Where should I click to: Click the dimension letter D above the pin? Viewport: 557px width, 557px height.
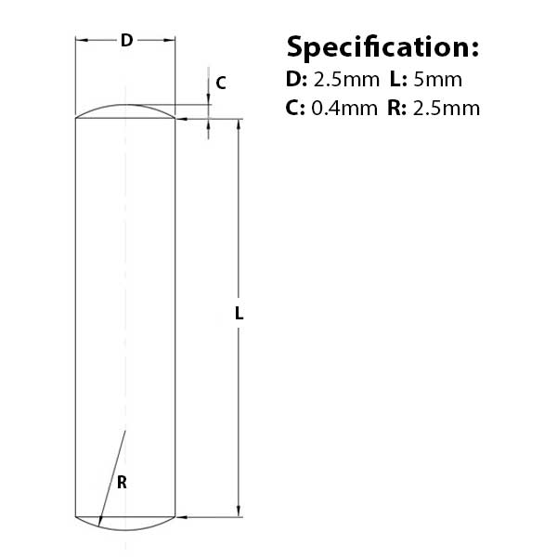pyautogui.click(x=127, y=41)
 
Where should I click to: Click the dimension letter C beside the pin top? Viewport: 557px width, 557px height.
pyautogui.click(x=221, y=84)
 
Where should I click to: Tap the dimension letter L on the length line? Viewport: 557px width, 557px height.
pyautogui.click(x=240, y=314)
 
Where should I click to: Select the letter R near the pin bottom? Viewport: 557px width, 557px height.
pyautogui.click(x=122, y=483)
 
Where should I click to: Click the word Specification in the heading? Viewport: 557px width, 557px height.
pyautogui.click(x=382, y=48)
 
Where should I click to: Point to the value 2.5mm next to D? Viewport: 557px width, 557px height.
pyautogui.click(x=346, y=80)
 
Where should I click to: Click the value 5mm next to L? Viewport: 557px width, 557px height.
pyautogui.click(x=437, y=80)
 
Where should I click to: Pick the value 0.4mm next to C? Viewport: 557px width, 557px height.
pyautogui.click(x=344, y=108)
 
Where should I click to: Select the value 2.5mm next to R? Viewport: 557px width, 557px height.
pyautogui.click(x=447, y=108)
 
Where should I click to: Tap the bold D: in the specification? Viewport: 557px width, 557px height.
pyautogui.click(x=297, y=80)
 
